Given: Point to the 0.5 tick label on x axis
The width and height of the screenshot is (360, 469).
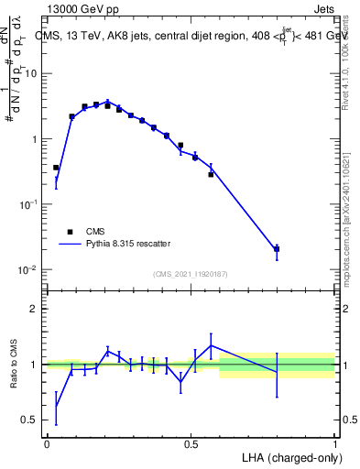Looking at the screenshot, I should click(x=191, y=443).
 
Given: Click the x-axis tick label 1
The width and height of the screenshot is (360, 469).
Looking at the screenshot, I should click(x=335, y=443).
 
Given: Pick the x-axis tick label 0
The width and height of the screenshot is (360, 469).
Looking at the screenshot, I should click(x=47, y=443).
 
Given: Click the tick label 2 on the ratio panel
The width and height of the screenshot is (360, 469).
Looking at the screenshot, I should click(x=34, y=309).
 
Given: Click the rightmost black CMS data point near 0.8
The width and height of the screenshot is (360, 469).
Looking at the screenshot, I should click(x=277, y=249).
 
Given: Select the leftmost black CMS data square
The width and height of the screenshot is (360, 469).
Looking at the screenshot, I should click(x=56, y=168).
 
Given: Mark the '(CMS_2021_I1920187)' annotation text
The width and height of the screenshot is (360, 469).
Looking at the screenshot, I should click(x=191, y=273).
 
